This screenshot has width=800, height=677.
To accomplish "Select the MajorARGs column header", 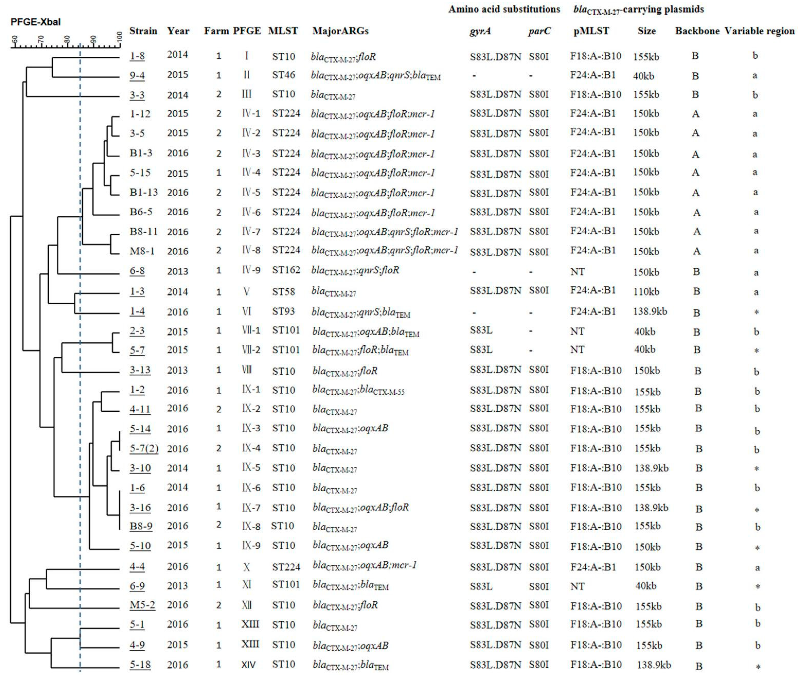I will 340,31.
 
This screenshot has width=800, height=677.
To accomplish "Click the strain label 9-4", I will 137,75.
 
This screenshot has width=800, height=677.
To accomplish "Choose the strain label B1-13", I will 144,192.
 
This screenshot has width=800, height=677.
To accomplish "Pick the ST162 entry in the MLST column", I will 286,271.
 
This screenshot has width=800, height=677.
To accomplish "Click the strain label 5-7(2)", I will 144,448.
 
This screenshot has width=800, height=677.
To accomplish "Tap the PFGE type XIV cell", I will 248,664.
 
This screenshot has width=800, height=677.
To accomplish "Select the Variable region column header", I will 759,31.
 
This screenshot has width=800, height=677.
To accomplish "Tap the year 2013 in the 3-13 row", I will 177,370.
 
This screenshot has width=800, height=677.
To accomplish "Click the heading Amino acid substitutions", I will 504,9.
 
